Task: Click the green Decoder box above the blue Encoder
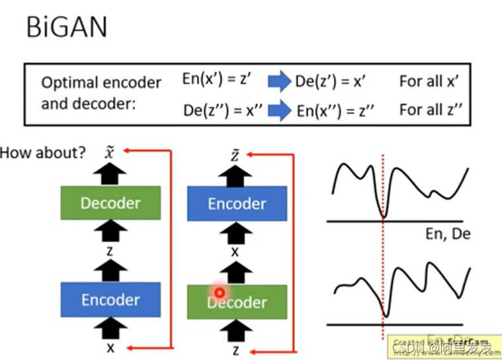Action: tap(110, 202)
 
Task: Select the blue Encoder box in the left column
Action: tap(110, 300)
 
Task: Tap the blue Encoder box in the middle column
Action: tap(237, 203)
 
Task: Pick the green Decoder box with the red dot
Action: tap(237, 302)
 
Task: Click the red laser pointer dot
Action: tap(220, 292)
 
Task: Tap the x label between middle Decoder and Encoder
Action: tap(235, 252)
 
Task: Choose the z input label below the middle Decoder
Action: tap(236, 347)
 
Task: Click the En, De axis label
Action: tap(447, 234)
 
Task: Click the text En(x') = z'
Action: tap(218, 79)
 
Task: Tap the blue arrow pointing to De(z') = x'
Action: tap(278, 81)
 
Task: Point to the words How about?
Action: tap(42, 154)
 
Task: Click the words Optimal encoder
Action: tap(101, 83)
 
